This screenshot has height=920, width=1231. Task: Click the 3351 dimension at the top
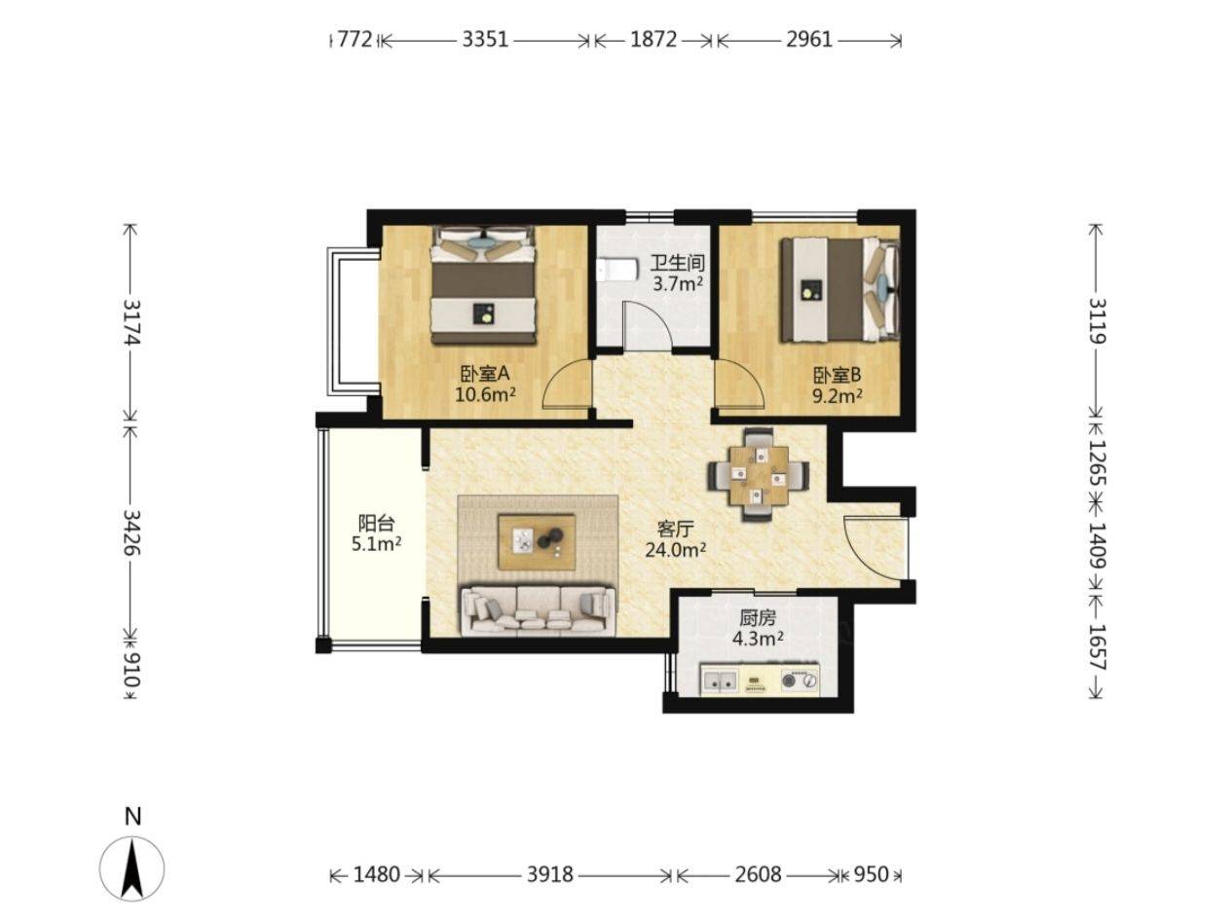point(485,40)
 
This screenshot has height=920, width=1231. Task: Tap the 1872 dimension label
point(653,40)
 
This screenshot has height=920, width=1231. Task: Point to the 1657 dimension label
point(1097,647)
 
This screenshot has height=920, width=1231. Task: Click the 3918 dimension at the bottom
point(549,874)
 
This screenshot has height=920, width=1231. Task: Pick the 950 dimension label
point(871,874)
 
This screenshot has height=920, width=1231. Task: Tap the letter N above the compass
point(132,817)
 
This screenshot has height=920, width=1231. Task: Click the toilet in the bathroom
point(617,270)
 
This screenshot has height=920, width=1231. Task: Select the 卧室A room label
point(485,373)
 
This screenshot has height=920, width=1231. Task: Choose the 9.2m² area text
point(838,396)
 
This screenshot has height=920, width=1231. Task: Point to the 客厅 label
point(675,528)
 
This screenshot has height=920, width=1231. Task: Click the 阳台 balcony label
point(376,523)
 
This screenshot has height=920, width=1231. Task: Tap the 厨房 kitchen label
point(758,618)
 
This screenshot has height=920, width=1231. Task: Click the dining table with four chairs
point(759,475)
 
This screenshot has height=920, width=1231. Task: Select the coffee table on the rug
point(537,542)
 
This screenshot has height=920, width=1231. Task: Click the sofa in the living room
point(537,610)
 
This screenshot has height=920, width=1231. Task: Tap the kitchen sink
point(720,681)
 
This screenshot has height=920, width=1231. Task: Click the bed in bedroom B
point(840,290)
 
